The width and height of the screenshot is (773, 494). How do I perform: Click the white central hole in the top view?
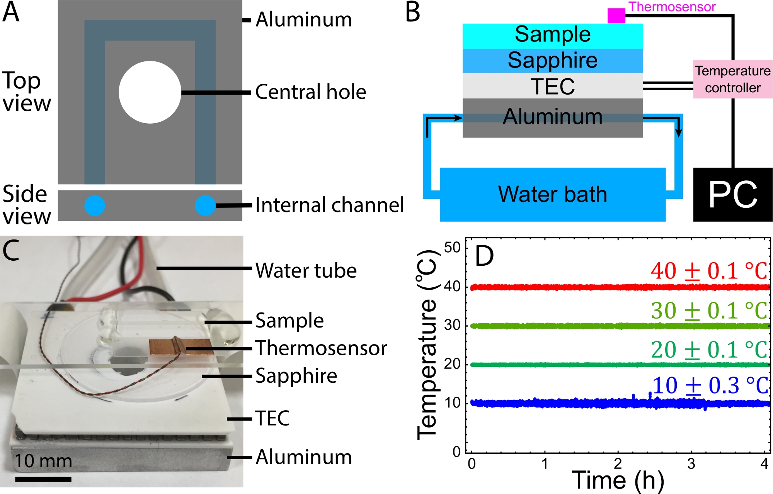tap(150, 92)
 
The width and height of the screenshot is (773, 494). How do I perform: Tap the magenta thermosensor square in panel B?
tap(616, 16)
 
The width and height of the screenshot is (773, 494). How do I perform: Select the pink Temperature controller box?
tap(732, 79)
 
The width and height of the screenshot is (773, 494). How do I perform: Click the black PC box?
tap(732, 194)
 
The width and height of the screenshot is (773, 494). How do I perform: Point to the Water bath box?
tap(553, 194)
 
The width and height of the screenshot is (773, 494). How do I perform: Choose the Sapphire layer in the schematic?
tap(553, 61)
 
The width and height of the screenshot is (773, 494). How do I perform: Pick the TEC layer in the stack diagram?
tap(553, 86)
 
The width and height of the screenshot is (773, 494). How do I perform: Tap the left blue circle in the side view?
tap(95, 205)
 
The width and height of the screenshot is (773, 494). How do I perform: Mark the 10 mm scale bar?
tap(43, 479)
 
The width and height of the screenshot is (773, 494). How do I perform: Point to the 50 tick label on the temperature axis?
tap(452, 248)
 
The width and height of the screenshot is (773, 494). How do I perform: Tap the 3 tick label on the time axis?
tap(691, 464)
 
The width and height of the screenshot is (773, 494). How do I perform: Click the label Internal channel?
tap(329, 205)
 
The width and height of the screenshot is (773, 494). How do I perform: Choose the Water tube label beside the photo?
tap(306, 270)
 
